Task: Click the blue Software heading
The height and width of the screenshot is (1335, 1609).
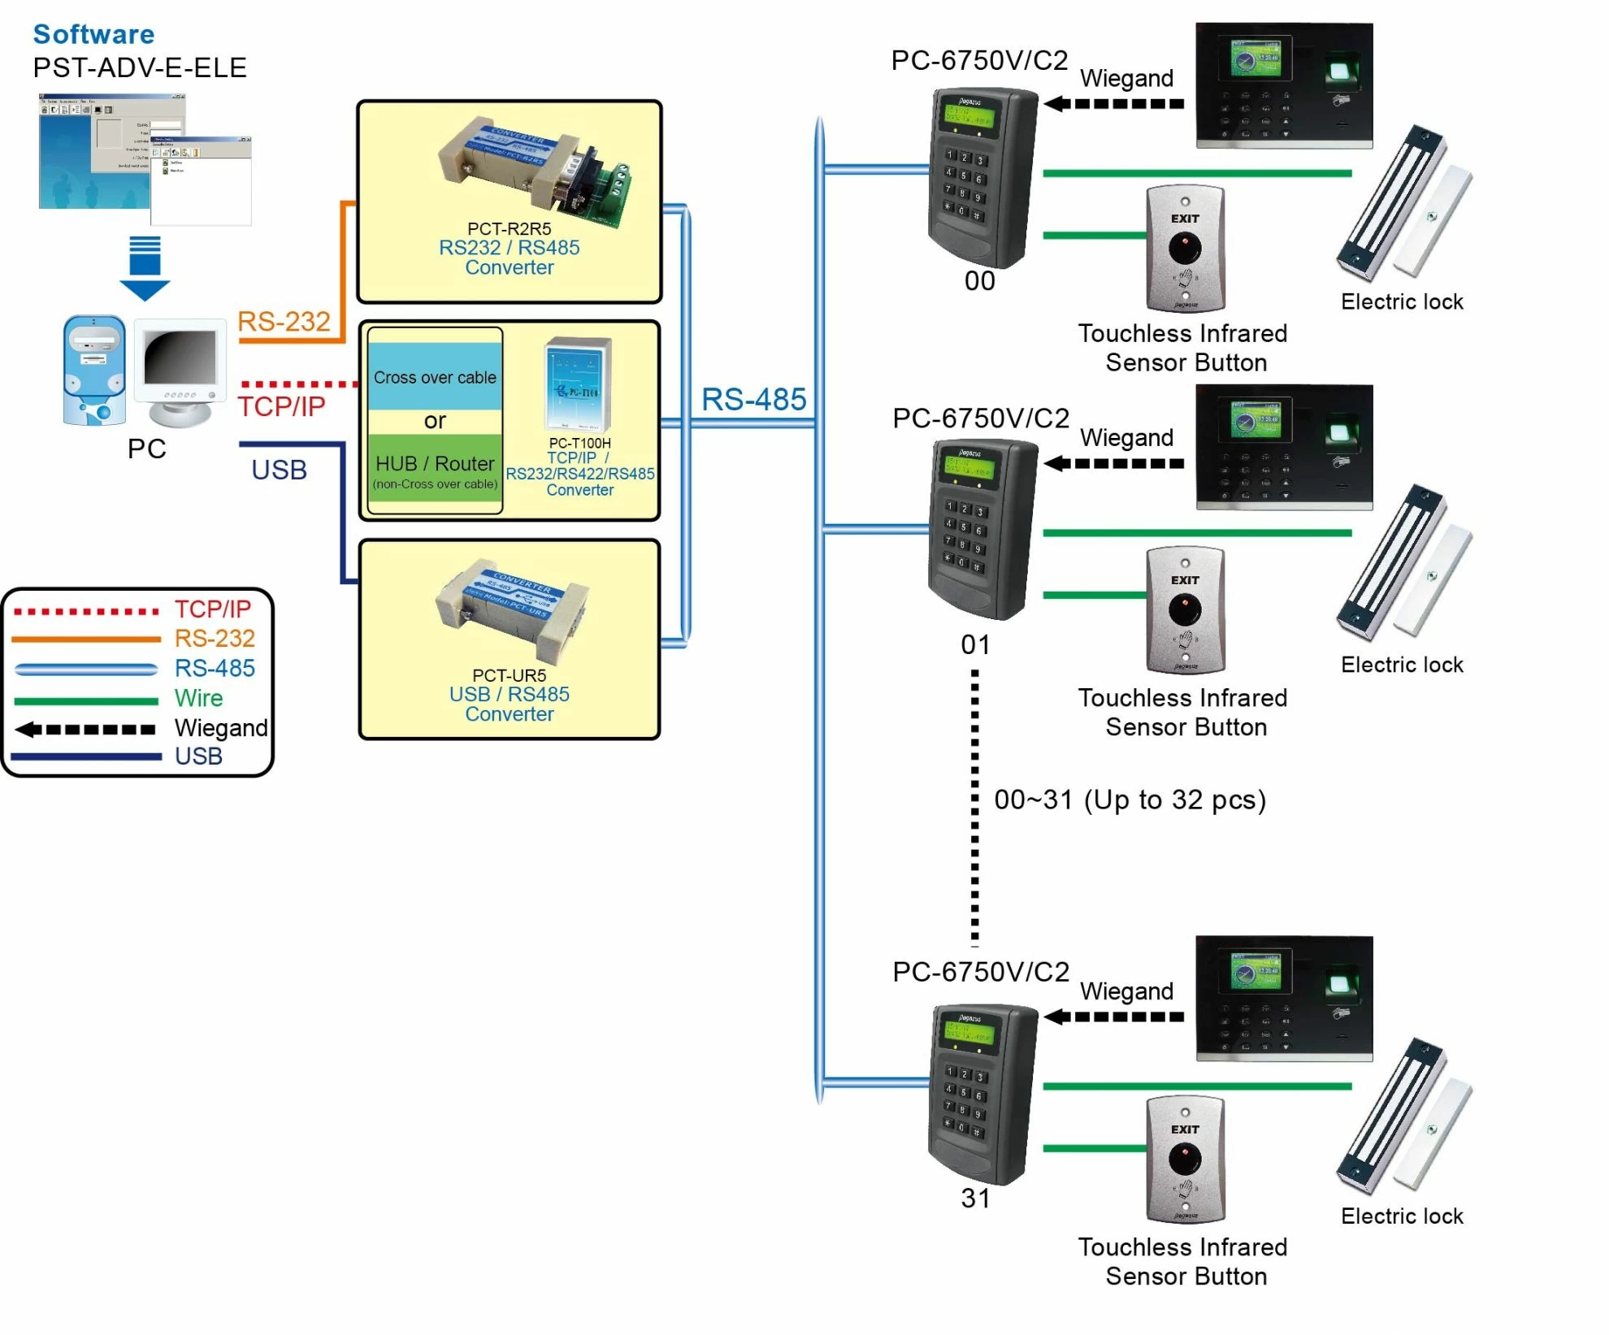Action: tap(93, 34)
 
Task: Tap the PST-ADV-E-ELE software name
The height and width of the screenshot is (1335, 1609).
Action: tap(139, 67)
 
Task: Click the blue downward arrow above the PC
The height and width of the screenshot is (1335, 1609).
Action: tap(145, 269)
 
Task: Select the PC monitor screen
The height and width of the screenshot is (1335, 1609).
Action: tap(180, 358)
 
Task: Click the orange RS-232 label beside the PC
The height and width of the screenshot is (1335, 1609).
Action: tap(284, 322)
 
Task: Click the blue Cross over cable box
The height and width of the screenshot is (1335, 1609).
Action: tap(435, 376)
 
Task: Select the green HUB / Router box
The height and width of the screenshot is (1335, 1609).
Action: tap(435, 472)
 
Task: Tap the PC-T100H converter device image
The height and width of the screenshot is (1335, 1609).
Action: tap(578, 384)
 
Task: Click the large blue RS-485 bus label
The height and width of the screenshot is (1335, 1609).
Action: tap(753, 399)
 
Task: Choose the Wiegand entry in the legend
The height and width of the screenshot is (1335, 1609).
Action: tap(220, 728)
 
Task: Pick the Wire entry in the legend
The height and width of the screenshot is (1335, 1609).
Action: tap(198, 698)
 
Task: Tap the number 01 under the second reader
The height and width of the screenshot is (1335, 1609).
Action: tap(975, 645)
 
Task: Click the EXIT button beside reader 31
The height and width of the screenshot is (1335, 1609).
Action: tap(1185, 1159)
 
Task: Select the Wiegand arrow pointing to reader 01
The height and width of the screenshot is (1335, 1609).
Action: tap(1113, 464)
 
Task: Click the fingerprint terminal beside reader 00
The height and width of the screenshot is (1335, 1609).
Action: tap(1284, 85)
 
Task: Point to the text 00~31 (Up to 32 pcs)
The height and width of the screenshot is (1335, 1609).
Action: tap(1130, 800)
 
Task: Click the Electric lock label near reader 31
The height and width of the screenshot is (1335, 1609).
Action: tap(1402, 1216)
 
